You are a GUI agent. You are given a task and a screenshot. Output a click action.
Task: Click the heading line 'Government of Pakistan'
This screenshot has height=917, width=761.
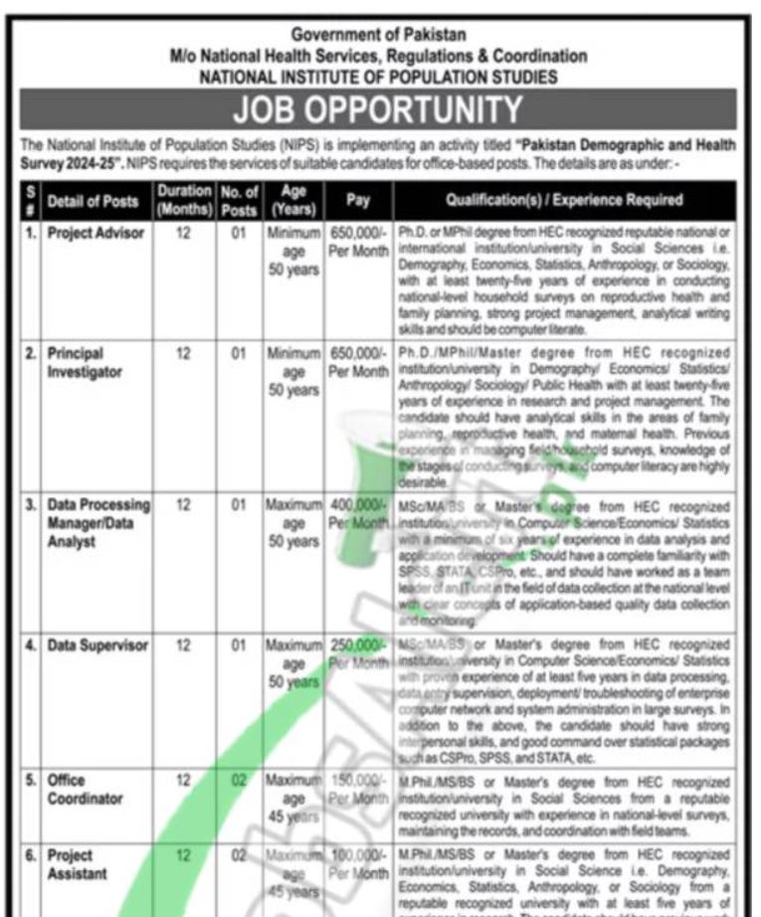click(378, 36)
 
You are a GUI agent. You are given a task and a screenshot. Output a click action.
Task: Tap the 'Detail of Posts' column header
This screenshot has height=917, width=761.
click(93, 201)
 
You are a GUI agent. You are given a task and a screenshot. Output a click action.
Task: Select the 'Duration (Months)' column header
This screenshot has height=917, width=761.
click(183, 200)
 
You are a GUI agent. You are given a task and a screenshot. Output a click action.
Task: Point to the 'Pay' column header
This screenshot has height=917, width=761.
click(358, 200)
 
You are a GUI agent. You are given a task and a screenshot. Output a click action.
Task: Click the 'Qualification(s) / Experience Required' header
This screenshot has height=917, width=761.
click(564, 200)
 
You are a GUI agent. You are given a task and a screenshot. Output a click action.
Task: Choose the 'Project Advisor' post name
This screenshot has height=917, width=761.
click(95, 234)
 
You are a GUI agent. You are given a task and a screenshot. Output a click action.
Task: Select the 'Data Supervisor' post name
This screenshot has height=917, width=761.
click(97, 646)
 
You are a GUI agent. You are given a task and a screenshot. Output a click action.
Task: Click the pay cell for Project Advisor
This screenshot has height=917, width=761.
click(358, 242)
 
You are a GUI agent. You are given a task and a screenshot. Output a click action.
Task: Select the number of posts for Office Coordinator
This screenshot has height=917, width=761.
click(239, 782)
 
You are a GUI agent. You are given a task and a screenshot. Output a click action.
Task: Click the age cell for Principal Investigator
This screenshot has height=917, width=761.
click(293, 371)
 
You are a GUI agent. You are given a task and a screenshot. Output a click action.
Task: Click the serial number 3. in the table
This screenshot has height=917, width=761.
click(32, 505)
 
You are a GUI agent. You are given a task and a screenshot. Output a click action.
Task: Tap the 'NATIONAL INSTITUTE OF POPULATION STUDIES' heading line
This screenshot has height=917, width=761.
click(378, 76)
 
